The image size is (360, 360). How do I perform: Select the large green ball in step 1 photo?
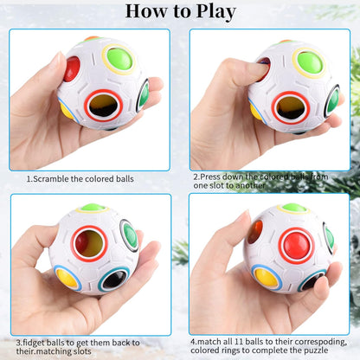coord(119,60)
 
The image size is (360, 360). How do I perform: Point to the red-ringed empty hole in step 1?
coord(103,106)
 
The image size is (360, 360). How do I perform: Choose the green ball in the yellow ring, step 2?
coord(309,61)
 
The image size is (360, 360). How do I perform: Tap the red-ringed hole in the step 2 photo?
coord(290,107)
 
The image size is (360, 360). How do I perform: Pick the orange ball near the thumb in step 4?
coord(254,232)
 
